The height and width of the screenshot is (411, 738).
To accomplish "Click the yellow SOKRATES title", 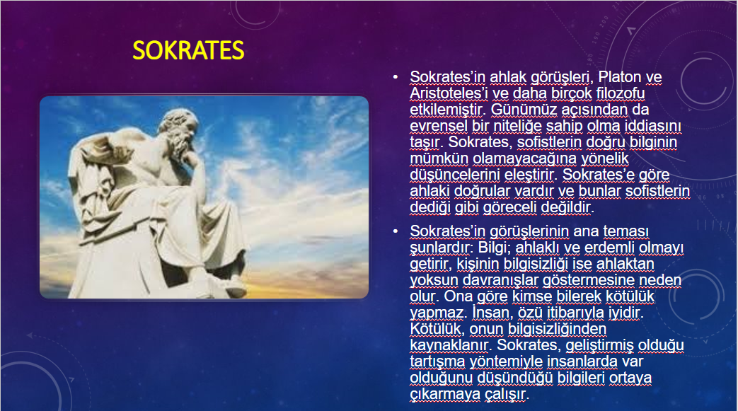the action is click(188, 50).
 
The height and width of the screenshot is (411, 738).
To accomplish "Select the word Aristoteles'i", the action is click(449, 93).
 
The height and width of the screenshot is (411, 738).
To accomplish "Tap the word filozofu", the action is click(621, 93).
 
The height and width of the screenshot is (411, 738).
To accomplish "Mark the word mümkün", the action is click(439, 158).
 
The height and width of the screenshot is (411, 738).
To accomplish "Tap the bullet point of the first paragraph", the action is click(396, 76).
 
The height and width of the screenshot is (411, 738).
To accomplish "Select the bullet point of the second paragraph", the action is click(396, 231).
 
